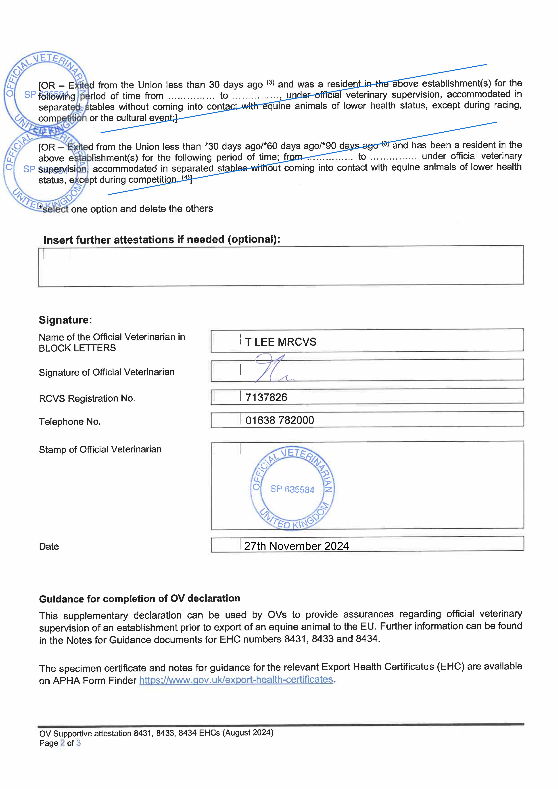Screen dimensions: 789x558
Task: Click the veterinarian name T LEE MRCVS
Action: click(280, 342)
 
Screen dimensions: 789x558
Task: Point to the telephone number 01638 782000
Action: click(280, 420)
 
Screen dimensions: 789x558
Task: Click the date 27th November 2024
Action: click(296, 546)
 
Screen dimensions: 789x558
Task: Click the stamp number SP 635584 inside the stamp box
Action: click(292, 489)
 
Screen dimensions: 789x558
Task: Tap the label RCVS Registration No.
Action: click(87, 398)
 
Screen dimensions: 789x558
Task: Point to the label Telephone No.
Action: click(70, 422)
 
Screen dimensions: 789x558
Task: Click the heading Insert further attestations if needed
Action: click(162, 240)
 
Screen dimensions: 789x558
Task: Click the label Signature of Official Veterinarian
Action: click(107, 372)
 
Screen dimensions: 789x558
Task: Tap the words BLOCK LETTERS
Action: click(77, 348)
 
